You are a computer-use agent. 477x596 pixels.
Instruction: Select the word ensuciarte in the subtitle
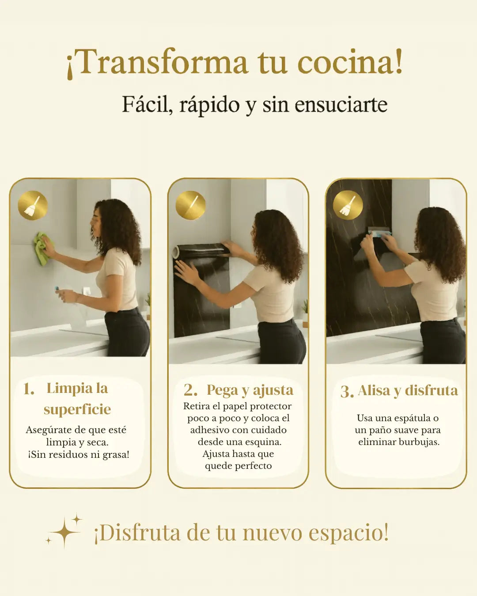click(x=341, y=105)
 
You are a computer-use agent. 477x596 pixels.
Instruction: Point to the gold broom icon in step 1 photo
click(x=33, y=205)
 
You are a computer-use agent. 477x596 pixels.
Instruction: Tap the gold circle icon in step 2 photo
click(x=190, y=205)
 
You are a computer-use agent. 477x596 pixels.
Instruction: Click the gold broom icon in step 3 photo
click(x=348, y=205)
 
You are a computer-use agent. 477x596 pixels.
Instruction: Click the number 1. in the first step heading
click(x=29, y=389)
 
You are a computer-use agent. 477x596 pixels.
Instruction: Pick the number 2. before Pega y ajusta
click(x=190, y=390)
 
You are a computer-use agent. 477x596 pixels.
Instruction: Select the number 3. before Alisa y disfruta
click(x=347, y=392)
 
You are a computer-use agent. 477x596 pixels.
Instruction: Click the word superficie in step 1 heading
click(x=77, y=410)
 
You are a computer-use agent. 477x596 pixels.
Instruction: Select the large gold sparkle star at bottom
click(x=64, y=532)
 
